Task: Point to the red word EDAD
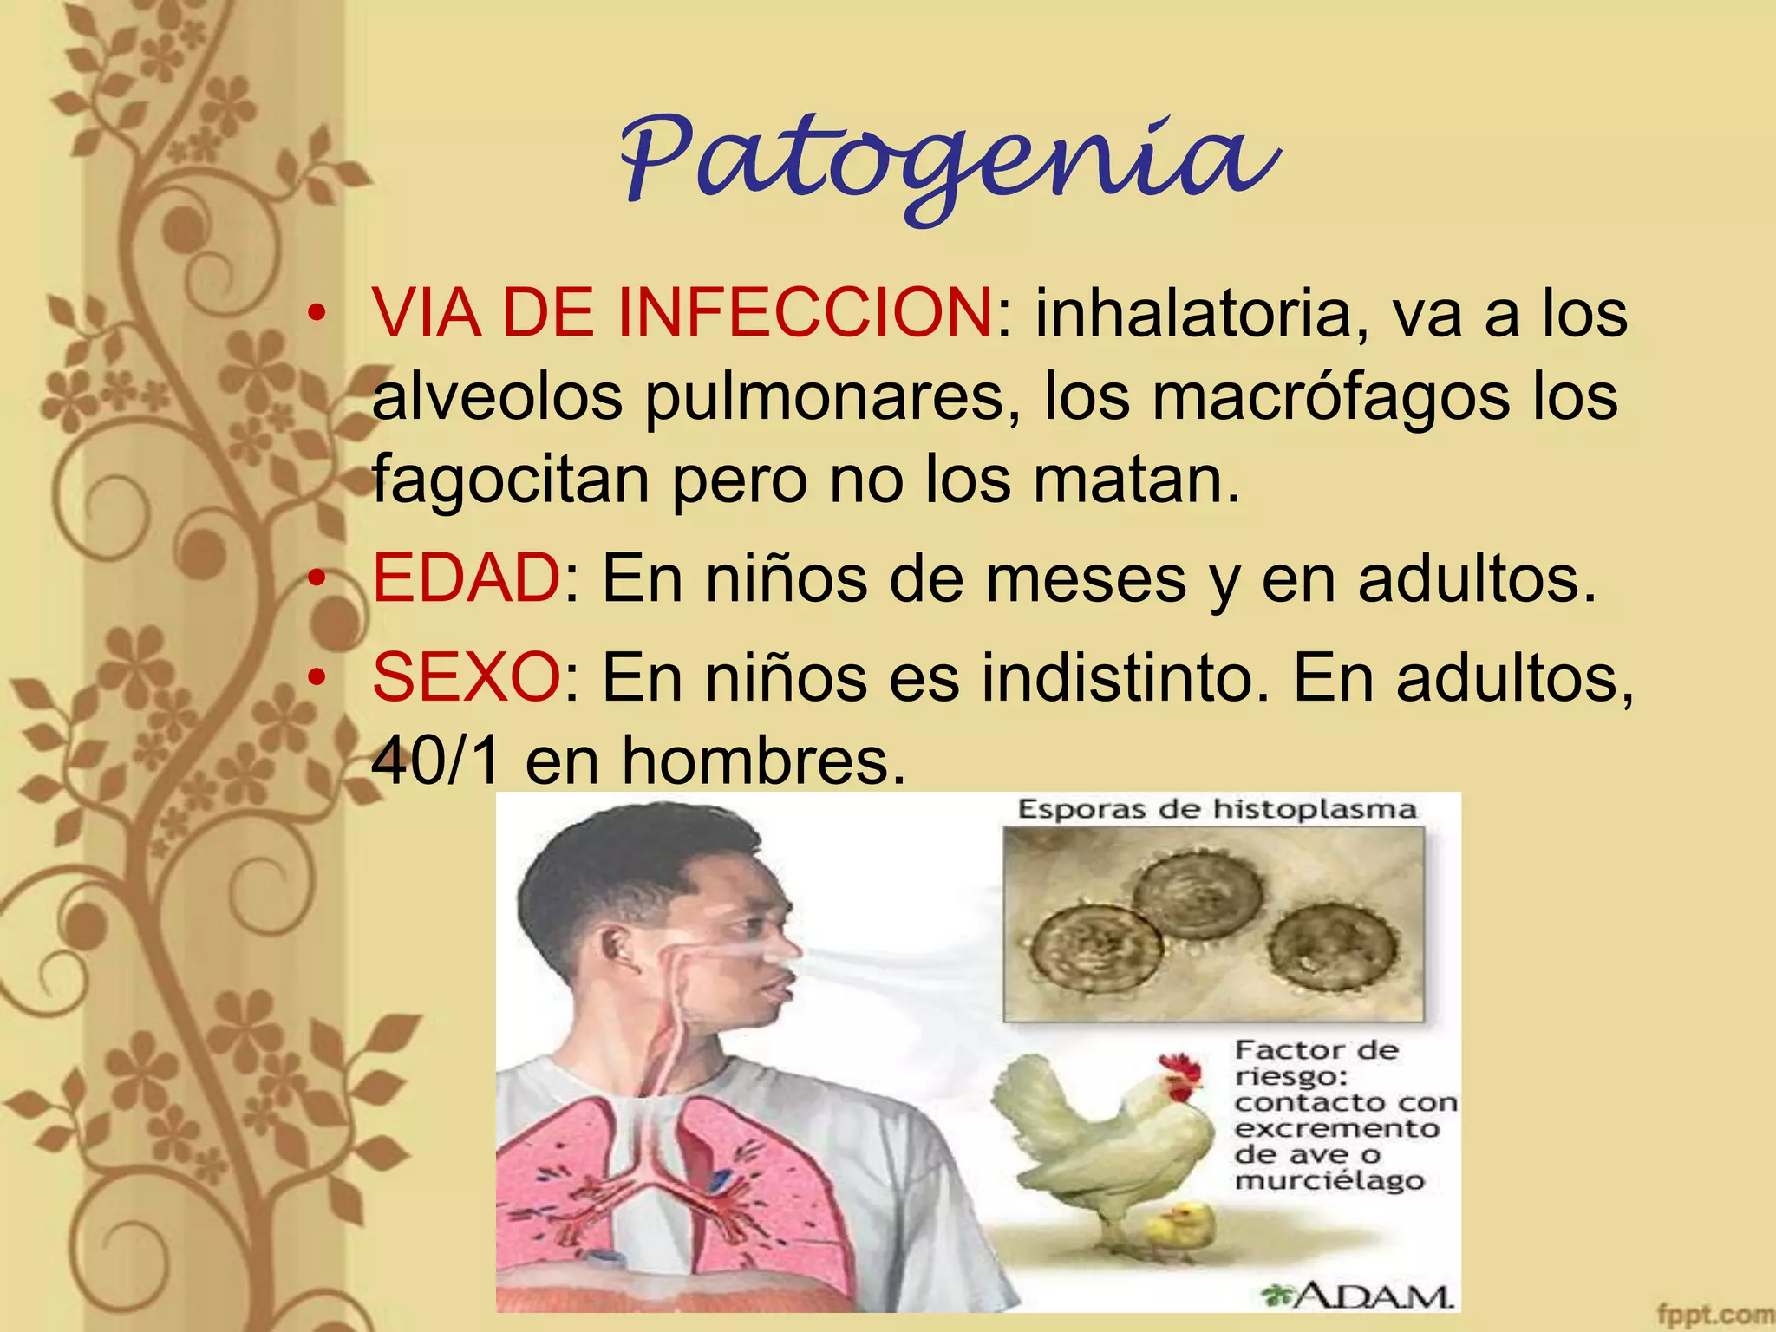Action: coord(467,578)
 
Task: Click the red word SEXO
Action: coord(467,677)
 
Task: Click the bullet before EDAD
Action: coord(319,578)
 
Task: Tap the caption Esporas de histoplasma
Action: coord(1216,810)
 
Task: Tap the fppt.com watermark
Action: coord(1714,1314)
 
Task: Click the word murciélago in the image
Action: coord(1329,1181)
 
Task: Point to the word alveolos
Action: coord(497,396)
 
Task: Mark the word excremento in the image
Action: coord(1336,1129)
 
